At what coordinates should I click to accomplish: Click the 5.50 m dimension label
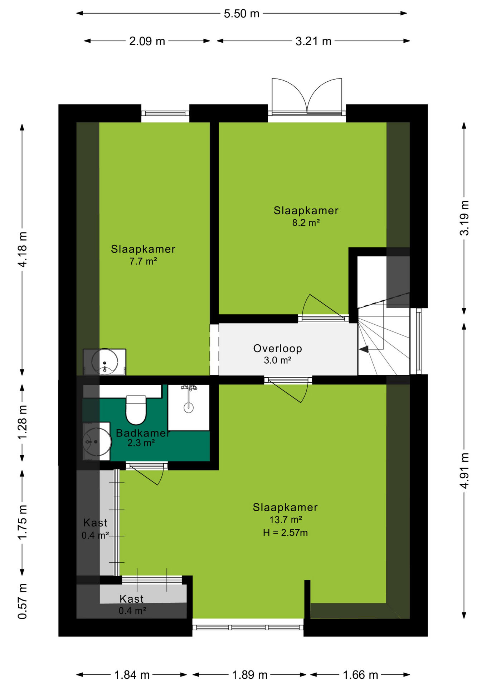point(242,14)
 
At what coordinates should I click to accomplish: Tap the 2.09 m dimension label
point(147,41)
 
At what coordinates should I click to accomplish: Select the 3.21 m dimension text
point(314,41)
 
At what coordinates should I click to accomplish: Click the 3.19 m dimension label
point(464,218)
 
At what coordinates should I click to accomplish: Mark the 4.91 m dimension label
point(464,470)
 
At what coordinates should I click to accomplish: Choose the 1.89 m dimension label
point(250,675)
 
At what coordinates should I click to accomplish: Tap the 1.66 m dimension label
point(360,675)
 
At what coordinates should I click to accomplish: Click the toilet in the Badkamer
point(136,410)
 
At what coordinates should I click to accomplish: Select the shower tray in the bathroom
point(189,407)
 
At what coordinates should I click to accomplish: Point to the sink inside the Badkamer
point(97,441)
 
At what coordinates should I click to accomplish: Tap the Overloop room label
point(278,348)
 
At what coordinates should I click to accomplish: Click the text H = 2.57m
point(285,533)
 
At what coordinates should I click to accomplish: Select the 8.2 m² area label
point(306,223)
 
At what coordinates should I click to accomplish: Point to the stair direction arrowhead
point(364,349)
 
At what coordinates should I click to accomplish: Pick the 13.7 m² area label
point(286,520)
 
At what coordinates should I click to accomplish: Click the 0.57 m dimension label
point(22,606)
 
